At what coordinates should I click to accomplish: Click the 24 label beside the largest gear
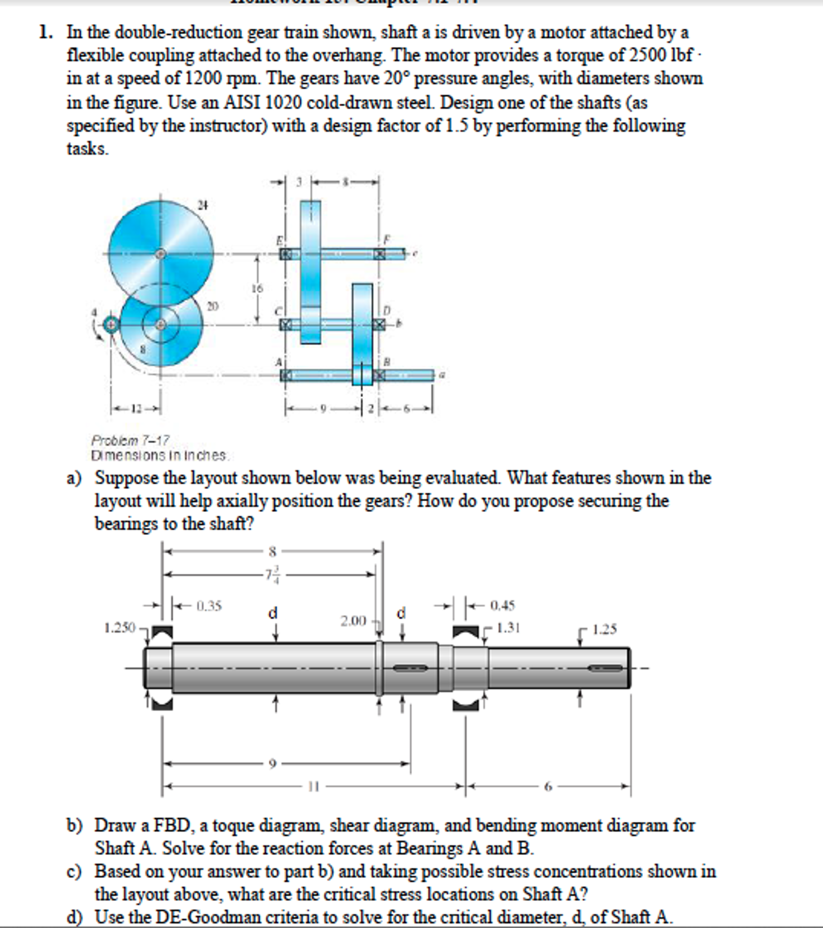(x=202, y=205)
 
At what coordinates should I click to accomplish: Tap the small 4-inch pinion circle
(x=110, y=325)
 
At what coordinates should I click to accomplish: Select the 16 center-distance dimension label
(x=257, y=288)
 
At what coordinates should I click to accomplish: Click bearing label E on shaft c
(x=280, y=240)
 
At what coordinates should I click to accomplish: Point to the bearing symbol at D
(x=378, y=324)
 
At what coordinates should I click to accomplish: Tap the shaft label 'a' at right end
(x=443, y=375)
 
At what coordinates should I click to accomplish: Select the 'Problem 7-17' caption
(x=130, y=440)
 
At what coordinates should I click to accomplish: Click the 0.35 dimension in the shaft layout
(x=209, y=606)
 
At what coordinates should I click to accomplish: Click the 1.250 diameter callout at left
(x=120, y=628)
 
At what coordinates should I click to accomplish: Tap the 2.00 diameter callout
(x=353, y=620)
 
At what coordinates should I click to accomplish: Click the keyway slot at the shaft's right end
(x=605, y=668)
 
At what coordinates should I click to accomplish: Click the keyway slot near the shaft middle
(x=410, y=668)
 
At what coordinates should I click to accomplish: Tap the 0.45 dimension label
(x=503, y=605)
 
